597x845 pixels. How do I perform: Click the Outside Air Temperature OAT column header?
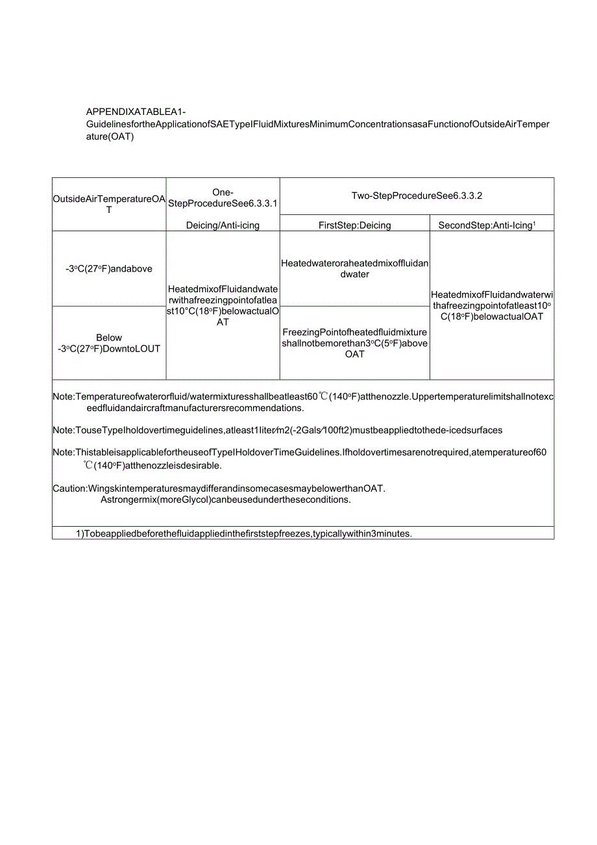point(109,204)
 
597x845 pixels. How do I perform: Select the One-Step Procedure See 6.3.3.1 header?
point(223,197)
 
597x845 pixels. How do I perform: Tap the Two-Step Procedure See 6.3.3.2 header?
point(417,195)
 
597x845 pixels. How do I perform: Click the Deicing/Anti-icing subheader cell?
point(223,225)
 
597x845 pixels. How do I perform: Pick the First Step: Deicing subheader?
point(354,225)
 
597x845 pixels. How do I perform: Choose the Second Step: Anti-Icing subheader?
point(491,225)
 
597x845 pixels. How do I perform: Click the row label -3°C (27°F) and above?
point(109,269)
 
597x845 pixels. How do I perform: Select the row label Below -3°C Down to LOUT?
point(109,343)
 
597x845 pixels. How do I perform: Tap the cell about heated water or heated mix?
point(354,269)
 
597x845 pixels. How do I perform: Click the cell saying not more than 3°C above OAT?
point(354,343)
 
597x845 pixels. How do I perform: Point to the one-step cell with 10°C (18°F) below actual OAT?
point(223,305)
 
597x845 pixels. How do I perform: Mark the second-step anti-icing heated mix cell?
point(491,305)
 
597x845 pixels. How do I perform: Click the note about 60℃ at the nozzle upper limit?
point(303,402)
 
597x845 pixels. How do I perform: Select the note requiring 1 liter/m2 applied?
point(279,430)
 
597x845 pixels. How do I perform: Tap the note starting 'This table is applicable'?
point(300,459)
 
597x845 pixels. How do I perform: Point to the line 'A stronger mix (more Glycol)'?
point(225,499)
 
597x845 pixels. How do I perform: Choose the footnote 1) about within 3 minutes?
point(244,534)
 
